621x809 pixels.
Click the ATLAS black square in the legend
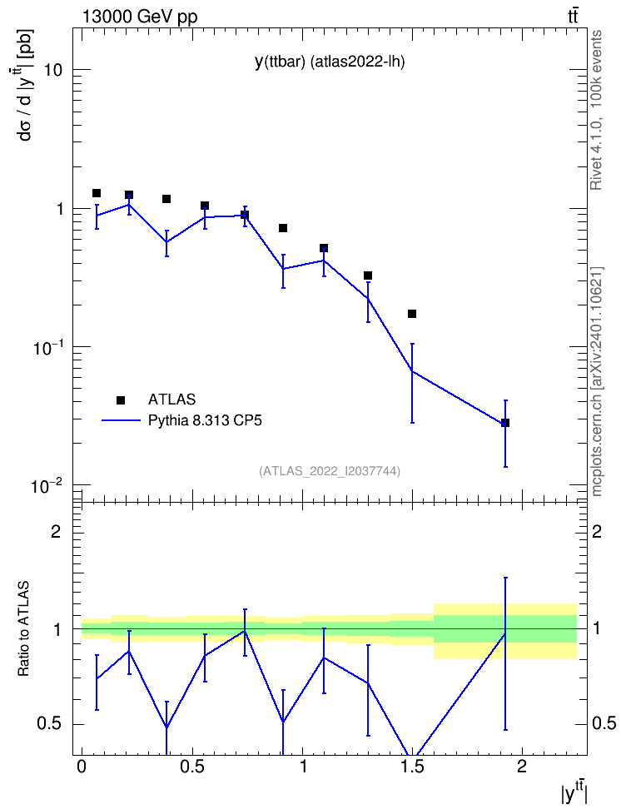tap(121, 400)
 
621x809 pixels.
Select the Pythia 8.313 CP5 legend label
tap(205, 420)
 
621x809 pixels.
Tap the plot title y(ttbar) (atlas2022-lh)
tap(330, 62)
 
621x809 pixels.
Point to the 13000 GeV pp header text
tap(139, 17)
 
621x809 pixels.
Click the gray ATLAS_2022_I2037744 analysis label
tap(330, 471)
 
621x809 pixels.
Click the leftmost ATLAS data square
tap(97, 193)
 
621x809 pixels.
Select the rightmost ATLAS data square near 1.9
tap(505, 423)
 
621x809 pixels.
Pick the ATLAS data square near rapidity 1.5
tap(412, 314)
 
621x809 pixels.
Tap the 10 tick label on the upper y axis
tap(53, 70)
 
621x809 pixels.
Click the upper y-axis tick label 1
tap(58, 209)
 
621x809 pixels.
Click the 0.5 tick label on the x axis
tap(192, 767)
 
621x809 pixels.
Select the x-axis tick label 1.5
tap(413, 767)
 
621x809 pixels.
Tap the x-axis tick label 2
tap(522, 767)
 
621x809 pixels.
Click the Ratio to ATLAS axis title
tap(24, 628)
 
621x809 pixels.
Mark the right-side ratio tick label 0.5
tap(604, 723)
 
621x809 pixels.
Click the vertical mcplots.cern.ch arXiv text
tap(597, 382)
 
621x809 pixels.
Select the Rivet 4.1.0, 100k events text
tap(597, 110)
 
